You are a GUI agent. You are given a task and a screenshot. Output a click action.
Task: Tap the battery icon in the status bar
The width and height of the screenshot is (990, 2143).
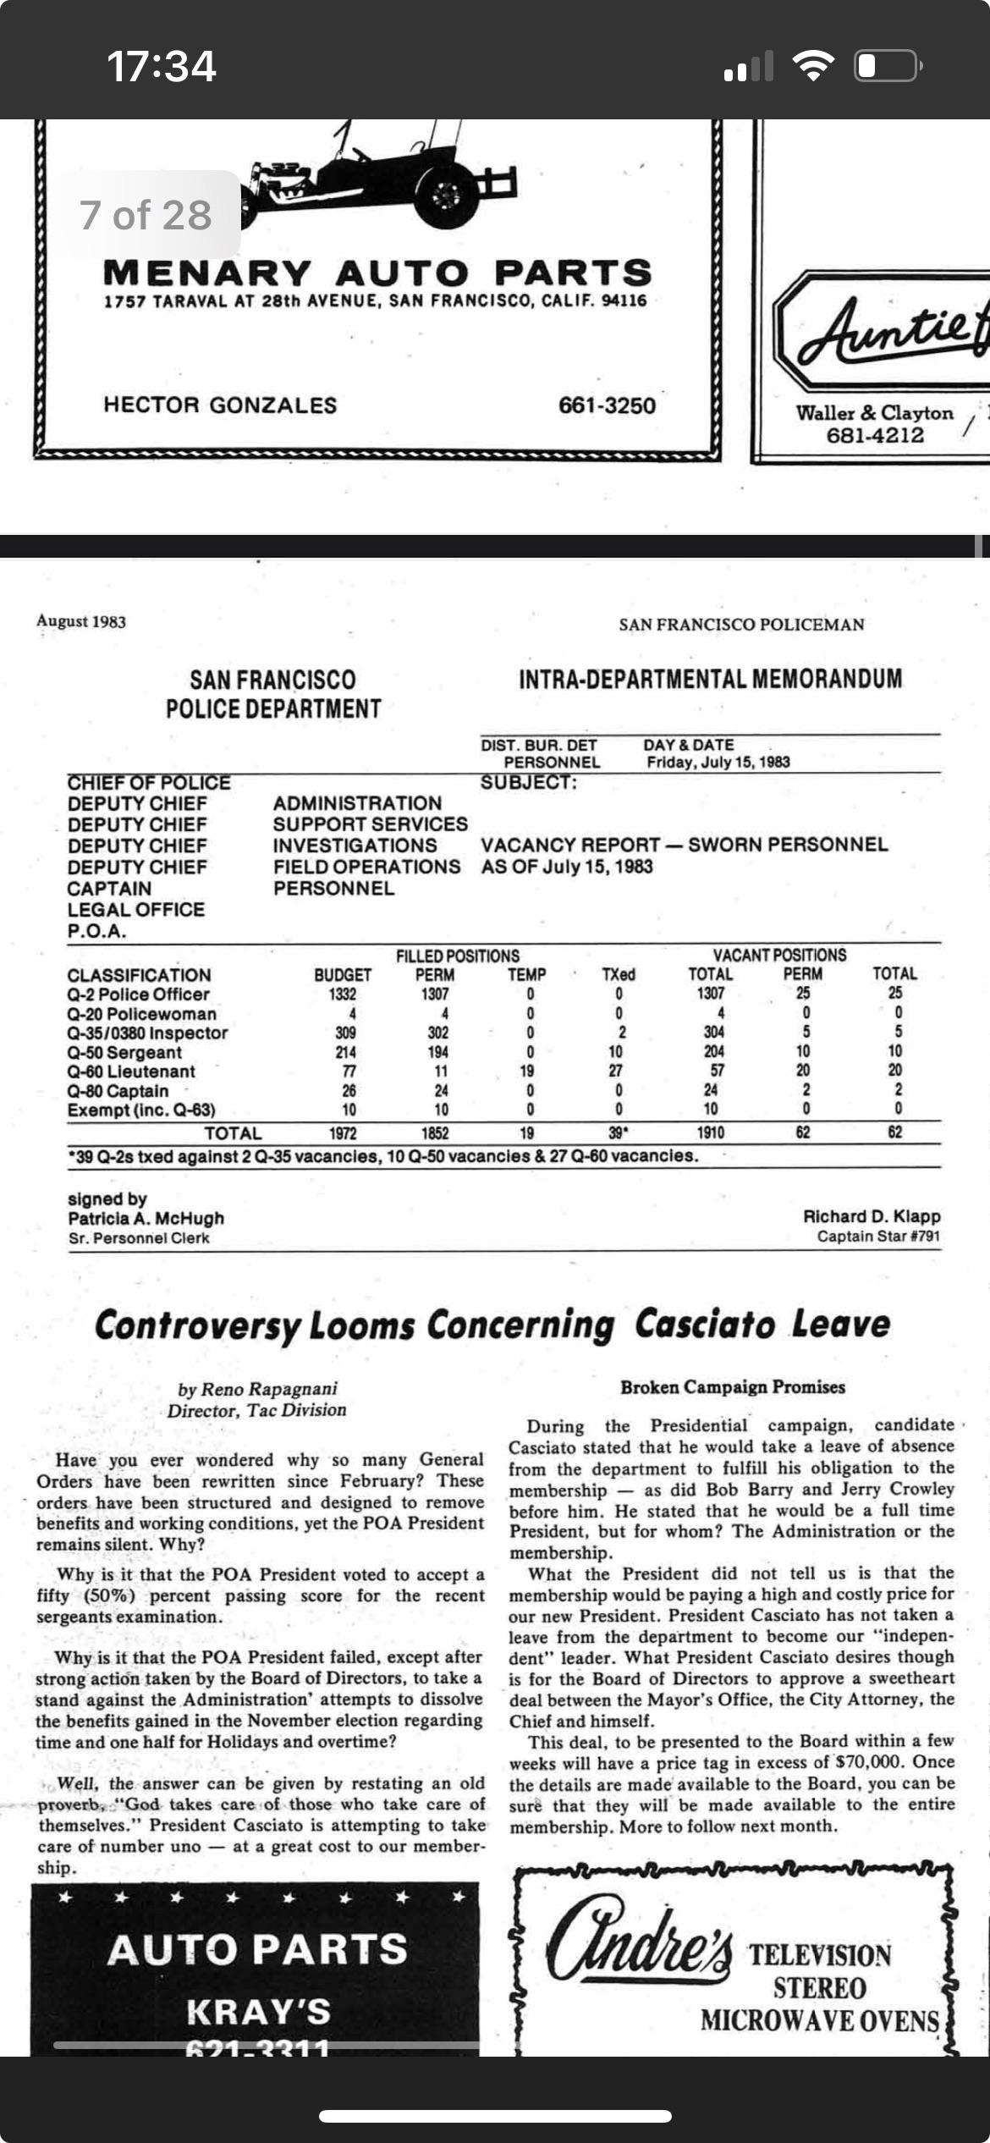pos(888,66)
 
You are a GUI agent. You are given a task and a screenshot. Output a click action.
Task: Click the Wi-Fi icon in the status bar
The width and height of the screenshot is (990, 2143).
pos(812,66)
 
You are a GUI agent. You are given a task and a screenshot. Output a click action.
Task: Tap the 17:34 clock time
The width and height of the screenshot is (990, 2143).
pos(161,66)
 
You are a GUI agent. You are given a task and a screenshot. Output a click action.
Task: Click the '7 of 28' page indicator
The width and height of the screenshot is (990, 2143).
pos(146,215)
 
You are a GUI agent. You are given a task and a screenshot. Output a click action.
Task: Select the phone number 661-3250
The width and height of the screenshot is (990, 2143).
pos(607,405)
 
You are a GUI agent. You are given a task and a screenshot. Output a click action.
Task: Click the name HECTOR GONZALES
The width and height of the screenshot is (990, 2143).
pos(220,405)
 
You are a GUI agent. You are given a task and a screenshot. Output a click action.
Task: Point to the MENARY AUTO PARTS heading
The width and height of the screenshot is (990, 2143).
pos(377,273)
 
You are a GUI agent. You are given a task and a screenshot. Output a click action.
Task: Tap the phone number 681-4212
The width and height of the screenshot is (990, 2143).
pos(875,436)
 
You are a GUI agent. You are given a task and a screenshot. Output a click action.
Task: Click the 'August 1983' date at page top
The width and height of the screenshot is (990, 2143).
pos(81,621)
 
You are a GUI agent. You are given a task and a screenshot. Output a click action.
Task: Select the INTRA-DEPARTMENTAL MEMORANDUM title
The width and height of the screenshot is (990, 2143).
pos(710,679)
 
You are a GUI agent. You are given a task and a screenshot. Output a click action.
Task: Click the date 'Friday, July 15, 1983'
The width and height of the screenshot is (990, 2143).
pos(718,762)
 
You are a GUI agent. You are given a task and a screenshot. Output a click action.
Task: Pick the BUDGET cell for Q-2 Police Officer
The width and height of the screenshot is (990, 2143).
pos(343,994)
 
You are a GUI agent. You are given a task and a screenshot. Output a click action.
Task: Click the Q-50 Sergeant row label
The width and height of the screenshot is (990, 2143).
pos(124,1052)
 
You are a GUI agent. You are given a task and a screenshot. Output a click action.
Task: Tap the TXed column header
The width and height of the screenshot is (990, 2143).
pos(619,974)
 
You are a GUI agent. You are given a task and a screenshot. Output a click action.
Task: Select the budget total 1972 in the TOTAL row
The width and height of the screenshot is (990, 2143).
pos(343,1133)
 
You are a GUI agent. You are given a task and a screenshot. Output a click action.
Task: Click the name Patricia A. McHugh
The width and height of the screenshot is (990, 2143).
pos(146,1218)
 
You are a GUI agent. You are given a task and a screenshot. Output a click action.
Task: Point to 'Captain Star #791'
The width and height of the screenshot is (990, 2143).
pos(878,1237)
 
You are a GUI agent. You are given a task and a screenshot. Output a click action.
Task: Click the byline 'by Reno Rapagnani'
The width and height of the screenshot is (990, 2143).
pos(257,1389)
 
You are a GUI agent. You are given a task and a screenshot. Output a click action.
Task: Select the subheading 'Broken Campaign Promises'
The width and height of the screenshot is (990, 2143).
pos(733,1387)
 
